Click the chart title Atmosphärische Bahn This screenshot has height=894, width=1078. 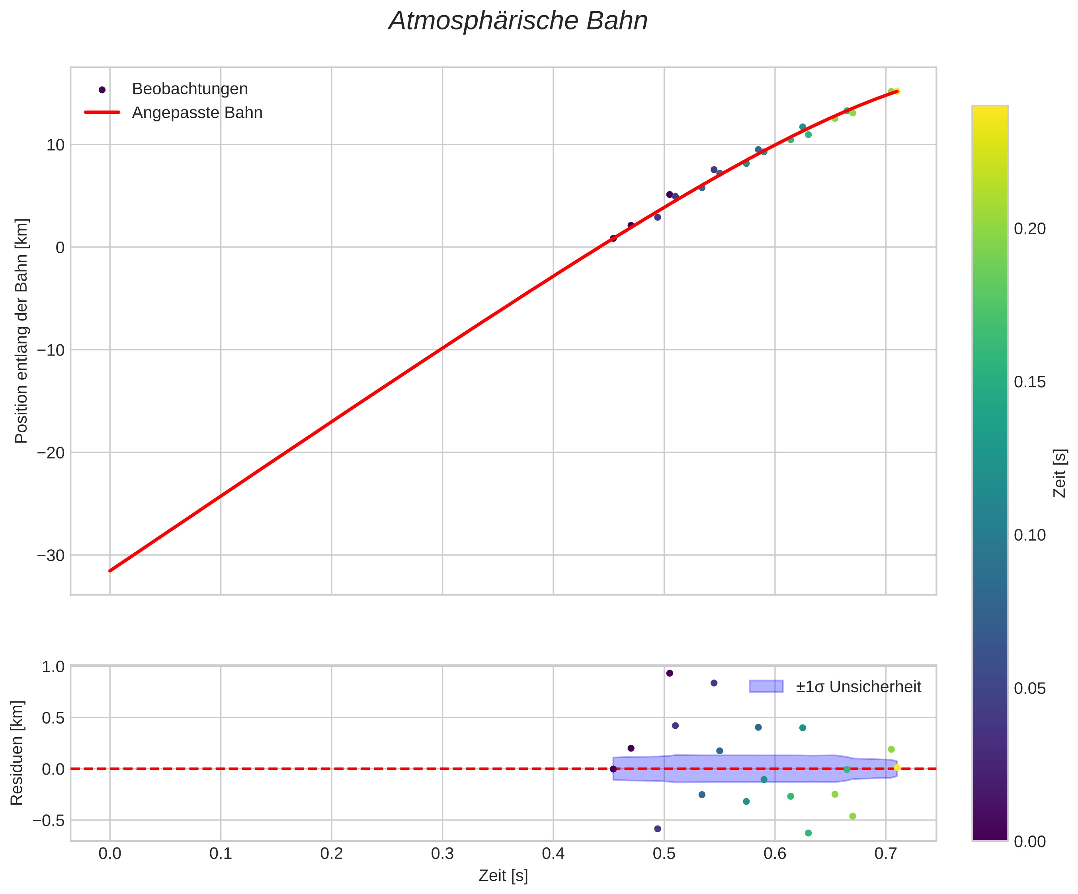pyautogui.click(x=518, y=21)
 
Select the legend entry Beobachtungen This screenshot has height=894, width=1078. pyautogui.click(x=189, y=89)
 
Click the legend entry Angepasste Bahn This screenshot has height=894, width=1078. pyautogui.click(x=197, y=113)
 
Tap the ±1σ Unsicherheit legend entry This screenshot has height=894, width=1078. pyautogui.click(x=858, y=687)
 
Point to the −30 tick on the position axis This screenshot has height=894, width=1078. pyautogui.click(x=51, y=556)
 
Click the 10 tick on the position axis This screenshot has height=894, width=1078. pyautogui.click(x=55, y=145)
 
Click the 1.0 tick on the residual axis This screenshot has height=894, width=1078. pyautogui.click(x=53, y=667)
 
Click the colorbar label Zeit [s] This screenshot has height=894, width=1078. pyautogui.click(x=1060, y=473)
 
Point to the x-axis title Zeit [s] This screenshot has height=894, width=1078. pyautogui.click(x=503, y=876)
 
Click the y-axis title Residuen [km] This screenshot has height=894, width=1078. pyautogui.click(x=17, y=753)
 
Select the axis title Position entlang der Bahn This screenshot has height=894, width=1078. pyautogui.click(x=21, y=331)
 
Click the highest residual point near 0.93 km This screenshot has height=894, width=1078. pyautogui.click(x=670, y=673)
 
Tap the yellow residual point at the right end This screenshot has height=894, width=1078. pyautogui.click(x=897, y=768)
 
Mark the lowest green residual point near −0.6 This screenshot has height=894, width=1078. pyautogui.click(x=808, y=833)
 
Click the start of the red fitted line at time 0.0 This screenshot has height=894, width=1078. pyautogui.click(x=110, y=571)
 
